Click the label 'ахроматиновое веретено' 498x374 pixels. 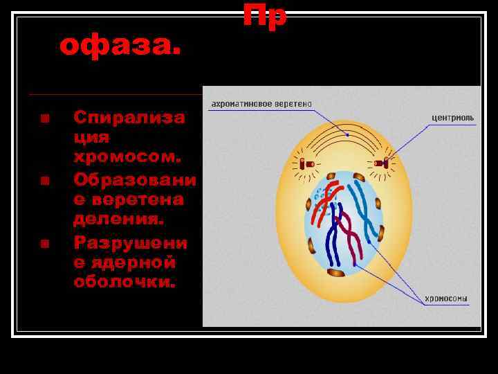(261, 104)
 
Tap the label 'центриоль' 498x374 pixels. (453, 118)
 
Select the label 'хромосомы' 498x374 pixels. (445, 299)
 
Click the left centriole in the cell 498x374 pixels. (306, 163)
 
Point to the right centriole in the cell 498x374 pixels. (381, 163)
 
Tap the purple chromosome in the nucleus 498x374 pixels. (352, 239)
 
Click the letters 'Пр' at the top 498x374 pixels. (264, 15)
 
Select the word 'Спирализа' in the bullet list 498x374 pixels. (129, 117)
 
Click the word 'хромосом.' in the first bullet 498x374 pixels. (127, 157)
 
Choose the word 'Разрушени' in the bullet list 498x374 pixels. (131, 243)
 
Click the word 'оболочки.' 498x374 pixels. (125, 283)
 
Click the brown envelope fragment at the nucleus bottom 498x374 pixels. (336, 272)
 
